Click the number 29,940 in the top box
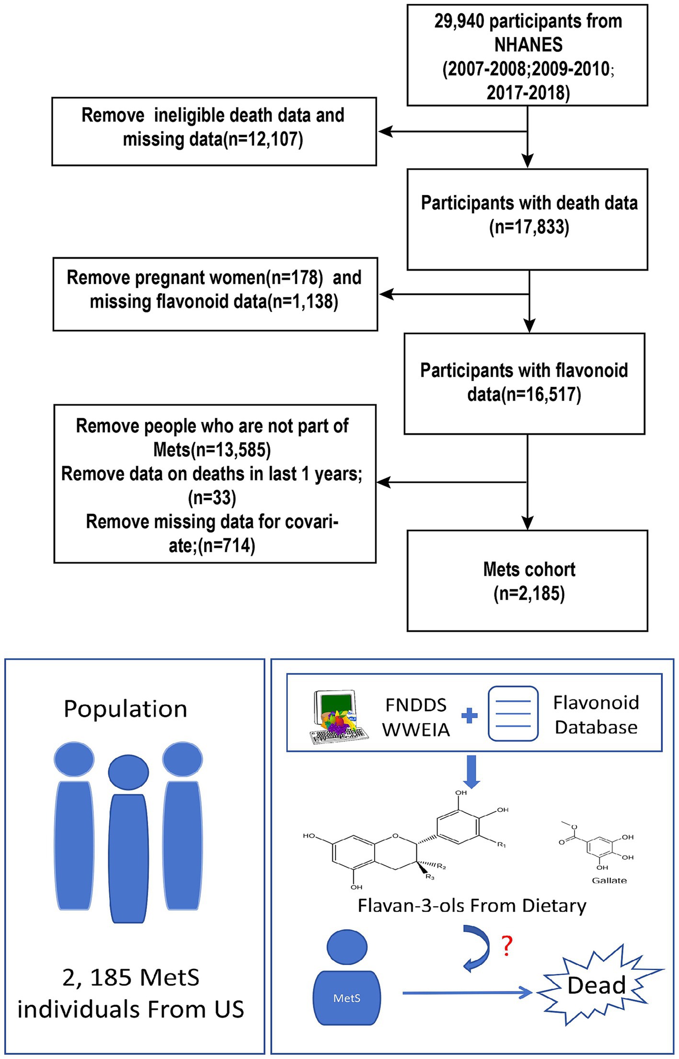point(460,22)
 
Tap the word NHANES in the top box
point(528,45)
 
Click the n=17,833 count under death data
point(529,227)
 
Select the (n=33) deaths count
point(212,498)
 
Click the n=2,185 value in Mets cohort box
point(529,593)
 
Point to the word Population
point(126,709)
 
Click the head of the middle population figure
point(128,772)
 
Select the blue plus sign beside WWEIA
point(469,716)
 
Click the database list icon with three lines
point(513,714)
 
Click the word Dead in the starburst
point(597,985)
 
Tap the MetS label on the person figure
point(346,998)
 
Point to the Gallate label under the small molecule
point(609,880)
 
